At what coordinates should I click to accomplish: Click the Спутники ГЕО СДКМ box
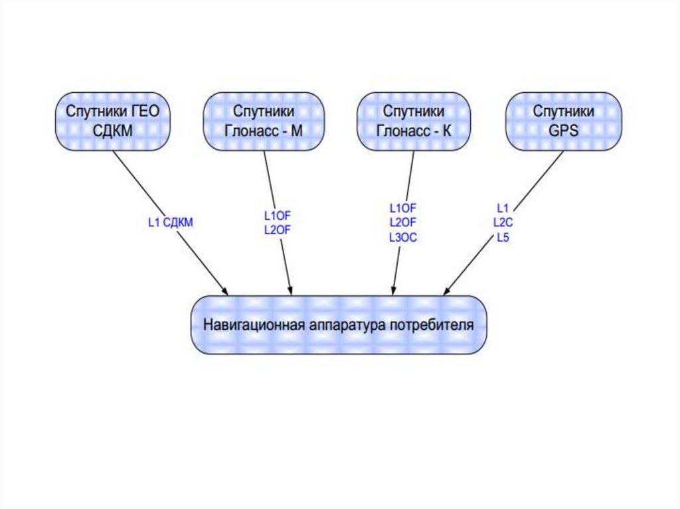pos(112,121)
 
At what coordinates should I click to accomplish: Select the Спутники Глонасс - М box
pos(264,121)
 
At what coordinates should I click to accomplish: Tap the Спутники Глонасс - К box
pos(414,121)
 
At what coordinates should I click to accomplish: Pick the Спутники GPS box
pos(564,121)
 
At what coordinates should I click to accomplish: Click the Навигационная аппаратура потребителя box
pos(339,325)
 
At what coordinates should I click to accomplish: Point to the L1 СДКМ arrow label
pos(170,223)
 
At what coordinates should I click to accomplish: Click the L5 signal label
pos(503,237)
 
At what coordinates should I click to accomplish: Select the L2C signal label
pos(503,223)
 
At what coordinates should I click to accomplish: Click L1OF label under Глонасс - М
pos(278,216)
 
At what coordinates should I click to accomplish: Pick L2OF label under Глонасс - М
pos(278,230)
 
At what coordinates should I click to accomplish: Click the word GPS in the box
pos(564,131)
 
